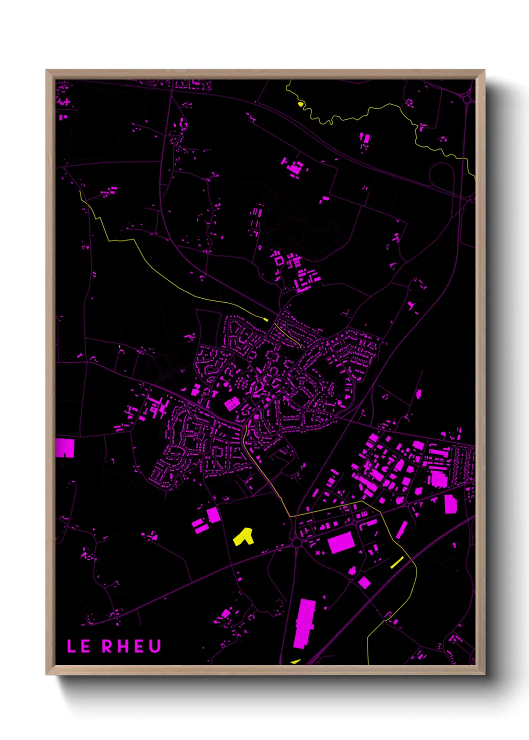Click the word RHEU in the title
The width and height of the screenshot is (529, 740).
(x=132, y=646)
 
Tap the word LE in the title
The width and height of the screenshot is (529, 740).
(x=79, y=646)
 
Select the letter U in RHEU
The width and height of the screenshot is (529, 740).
(x=154, y=646)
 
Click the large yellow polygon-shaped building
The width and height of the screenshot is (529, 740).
(x=244, y=537)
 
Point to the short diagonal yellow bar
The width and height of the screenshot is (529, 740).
(x=397, y=562)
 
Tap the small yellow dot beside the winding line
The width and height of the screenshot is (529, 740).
(x=300, y=104)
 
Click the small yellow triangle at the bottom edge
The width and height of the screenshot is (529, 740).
(x=296, y=661)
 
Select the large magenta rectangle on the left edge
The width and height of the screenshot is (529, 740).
(x=64, y=448)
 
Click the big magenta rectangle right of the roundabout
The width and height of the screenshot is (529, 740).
(x=341, y=542)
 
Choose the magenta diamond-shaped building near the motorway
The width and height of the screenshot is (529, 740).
(x=364, y=582)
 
